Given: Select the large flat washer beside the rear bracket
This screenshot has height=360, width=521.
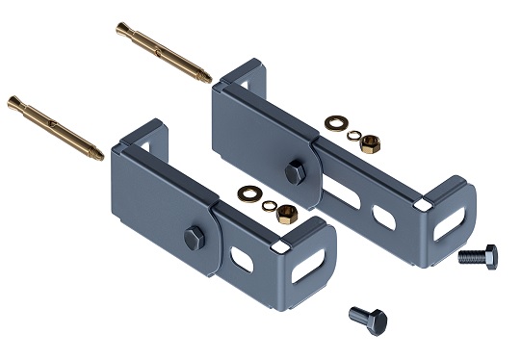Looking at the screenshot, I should point(337,123).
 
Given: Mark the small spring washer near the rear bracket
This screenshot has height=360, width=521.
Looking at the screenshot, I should point(352,134).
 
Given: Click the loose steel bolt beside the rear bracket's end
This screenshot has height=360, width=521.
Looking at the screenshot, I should point(478,256).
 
